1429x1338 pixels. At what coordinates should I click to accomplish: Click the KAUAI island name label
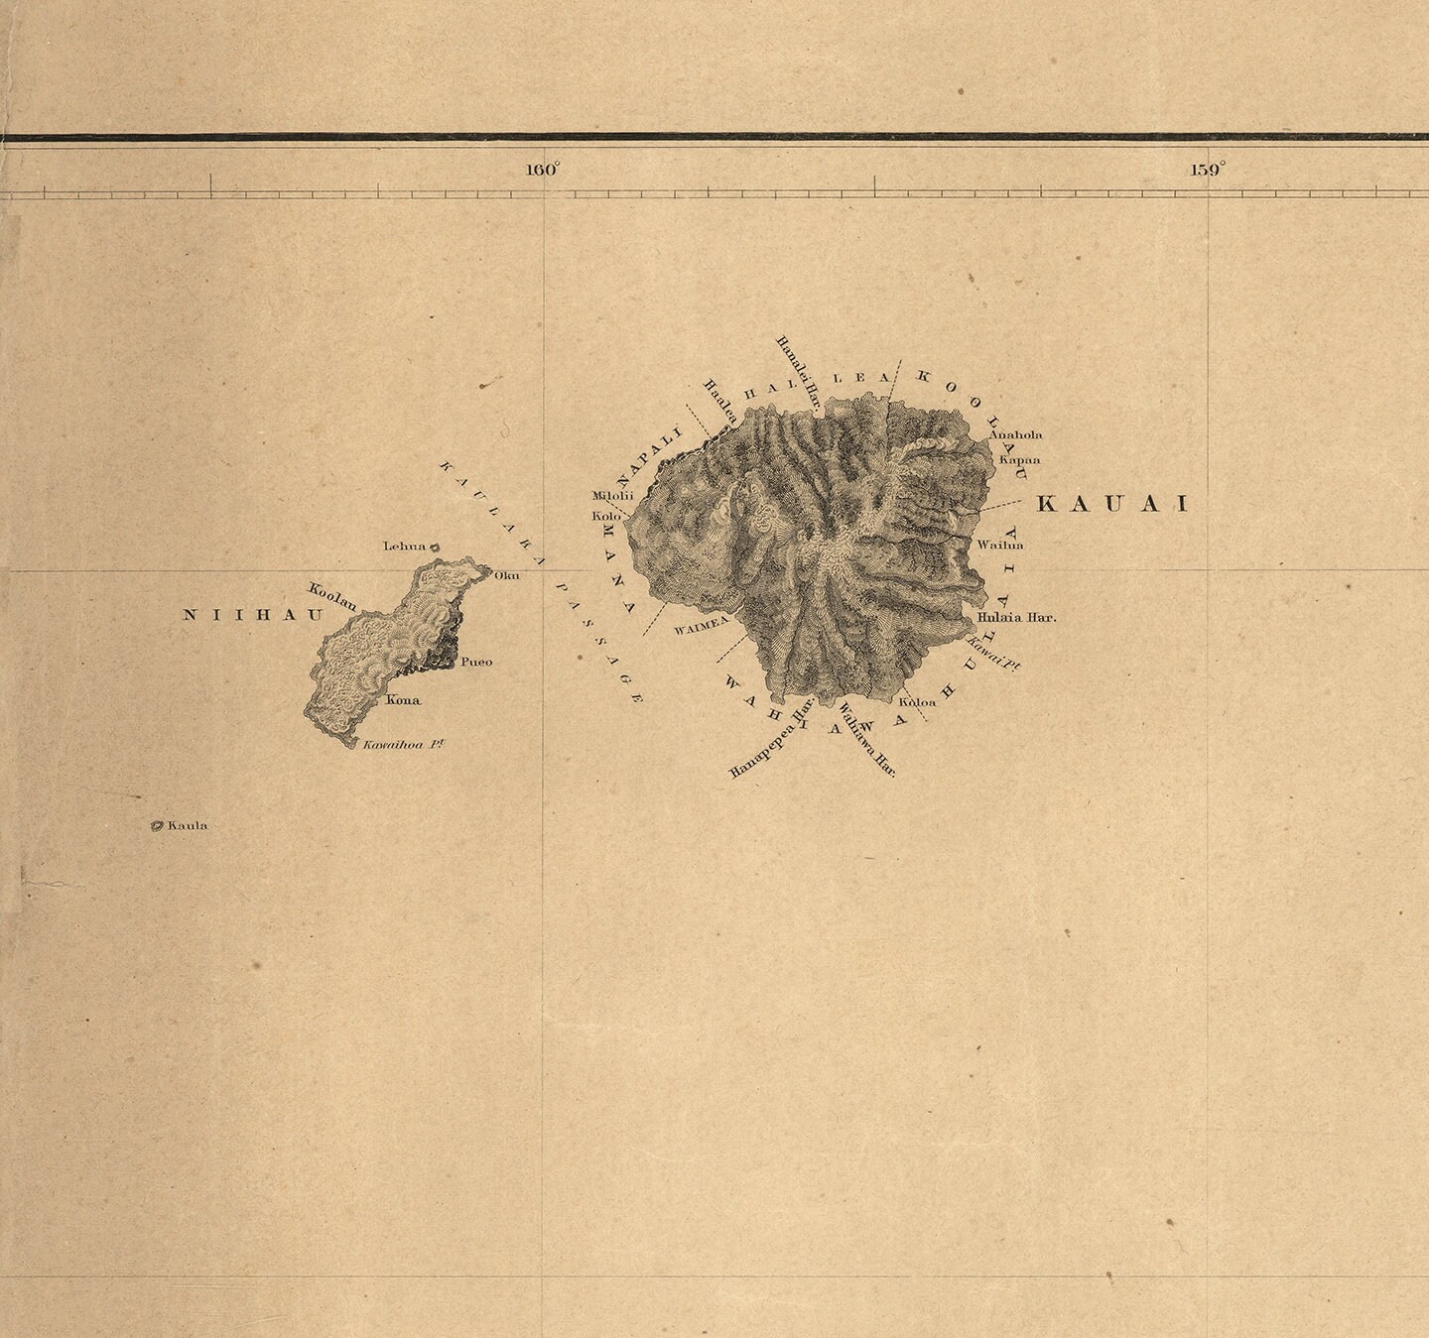[x=1111, y=505]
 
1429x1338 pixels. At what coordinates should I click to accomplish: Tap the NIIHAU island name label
[x=255, y=615]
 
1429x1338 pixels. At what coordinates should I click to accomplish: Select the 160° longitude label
[x=543, y=170]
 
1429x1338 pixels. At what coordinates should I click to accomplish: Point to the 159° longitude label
[x=1207, y=170]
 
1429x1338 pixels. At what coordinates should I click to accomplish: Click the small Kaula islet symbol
[x=157, y=825]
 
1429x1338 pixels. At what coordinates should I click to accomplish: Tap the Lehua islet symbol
[x=435, y=547]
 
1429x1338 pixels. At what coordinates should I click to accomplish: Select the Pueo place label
[x=476, y=662]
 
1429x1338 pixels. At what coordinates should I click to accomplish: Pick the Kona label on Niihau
[x=403, y=699]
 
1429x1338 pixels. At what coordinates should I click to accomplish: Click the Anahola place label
[x=1016, y=434]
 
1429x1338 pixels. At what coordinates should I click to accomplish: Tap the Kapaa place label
[x=1019, y=459]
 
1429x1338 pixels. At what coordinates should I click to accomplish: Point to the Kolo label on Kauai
[x=605, y=516]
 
